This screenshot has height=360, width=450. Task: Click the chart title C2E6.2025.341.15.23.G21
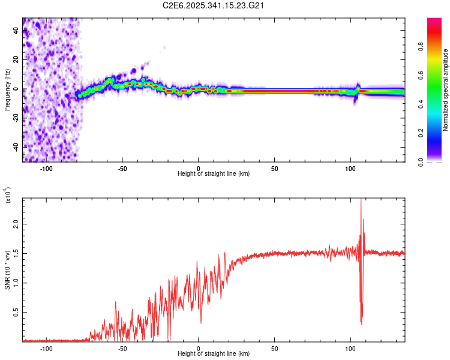(x=214, y=5)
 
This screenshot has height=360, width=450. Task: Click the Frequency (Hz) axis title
(x=8, y=90)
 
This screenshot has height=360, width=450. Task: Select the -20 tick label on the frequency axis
(x=17, y=118)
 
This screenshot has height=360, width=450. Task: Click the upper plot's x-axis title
(x=214, y=173)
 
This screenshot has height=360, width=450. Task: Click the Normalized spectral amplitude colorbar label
(x=446, y=90)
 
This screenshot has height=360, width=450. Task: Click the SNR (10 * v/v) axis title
(x=8, y=268)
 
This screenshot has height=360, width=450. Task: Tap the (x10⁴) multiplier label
(x=8, y=195)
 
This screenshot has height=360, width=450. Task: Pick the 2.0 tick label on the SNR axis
(x=17, y=223)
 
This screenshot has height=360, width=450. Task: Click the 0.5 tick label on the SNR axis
(x=17, y=313)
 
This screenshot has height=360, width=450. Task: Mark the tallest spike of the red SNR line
(x=361, y=200)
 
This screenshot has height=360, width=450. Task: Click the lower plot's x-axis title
(x=214, y=353)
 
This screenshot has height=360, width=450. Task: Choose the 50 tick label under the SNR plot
(x=274, y=347)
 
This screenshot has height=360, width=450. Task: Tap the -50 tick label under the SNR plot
(x=122, y=347)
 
